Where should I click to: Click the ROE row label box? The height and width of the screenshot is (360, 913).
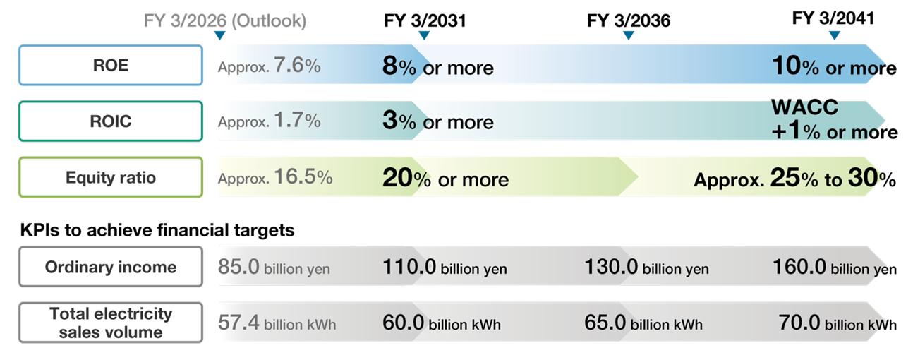110,66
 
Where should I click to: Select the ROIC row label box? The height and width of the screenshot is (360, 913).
110,121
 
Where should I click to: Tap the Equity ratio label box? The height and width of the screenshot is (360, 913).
110,177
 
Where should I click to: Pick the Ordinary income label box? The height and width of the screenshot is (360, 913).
110,267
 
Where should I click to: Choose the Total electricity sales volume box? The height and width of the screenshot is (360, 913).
110,323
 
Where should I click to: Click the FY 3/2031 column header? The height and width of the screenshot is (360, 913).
425,20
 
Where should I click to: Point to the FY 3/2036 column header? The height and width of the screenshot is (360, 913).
628,20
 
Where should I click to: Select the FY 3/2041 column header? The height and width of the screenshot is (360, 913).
833,18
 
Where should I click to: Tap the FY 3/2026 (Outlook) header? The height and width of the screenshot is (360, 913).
225,20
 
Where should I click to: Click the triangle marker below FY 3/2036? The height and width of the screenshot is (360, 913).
628,35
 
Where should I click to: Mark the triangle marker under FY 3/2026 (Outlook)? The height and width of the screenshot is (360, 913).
219,35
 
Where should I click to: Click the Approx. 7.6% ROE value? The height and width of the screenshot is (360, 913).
269,67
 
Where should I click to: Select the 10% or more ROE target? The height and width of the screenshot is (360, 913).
834,67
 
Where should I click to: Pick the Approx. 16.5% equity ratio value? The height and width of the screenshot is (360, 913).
274,178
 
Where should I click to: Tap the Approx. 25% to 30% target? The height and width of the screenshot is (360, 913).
794,179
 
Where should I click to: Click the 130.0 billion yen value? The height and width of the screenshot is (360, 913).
646,268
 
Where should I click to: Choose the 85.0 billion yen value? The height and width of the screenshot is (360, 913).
274,268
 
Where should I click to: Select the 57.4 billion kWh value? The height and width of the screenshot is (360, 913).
277,323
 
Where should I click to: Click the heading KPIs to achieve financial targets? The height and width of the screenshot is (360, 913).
157,229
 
